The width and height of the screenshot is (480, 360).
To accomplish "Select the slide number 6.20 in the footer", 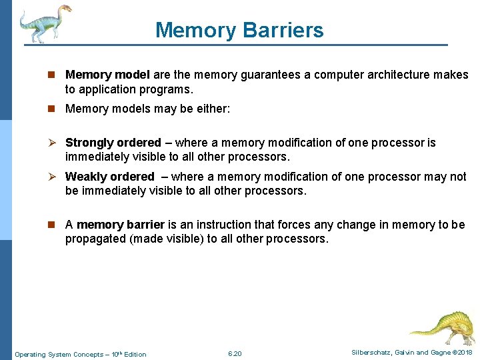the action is point(235,353).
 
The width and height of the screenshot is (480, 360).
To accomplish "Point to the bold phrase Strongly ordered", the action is point(113,143).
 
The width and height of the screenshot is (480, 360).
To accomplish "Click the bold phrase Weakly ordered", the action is point(109,177).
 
